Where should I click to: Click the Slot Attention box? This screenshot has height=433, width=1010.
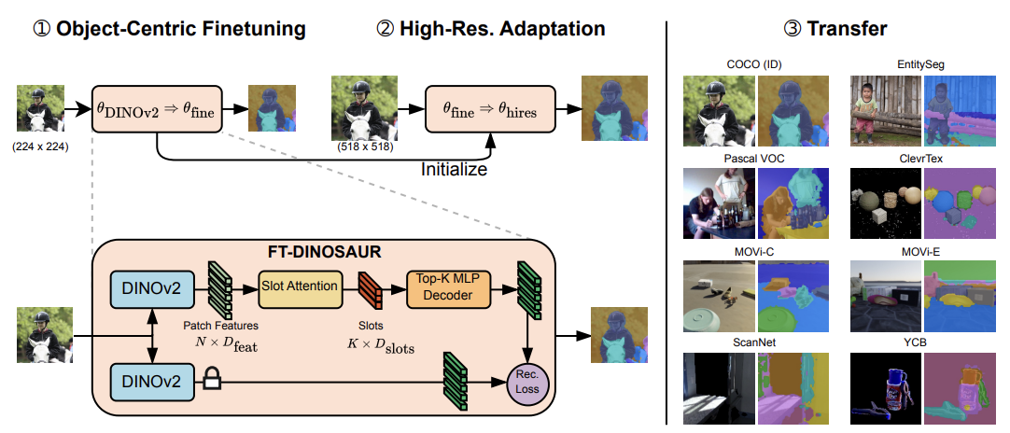(298, 286)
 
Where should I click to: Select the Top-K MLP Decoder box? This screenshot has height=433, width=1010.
(447, 286)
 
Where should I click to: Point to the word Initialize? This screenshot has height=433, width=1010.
(454, 170)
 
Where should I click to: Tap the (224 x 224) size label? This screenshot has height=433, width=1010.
(38, 147)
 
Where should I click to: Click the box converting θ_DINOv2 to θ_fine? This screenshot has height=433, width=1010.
(157, 110)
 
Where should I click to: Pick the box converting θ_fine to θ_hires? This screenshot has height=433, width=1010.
(489, 110)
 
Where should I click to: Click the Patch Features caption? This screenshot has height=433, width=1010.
(222, 326)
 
